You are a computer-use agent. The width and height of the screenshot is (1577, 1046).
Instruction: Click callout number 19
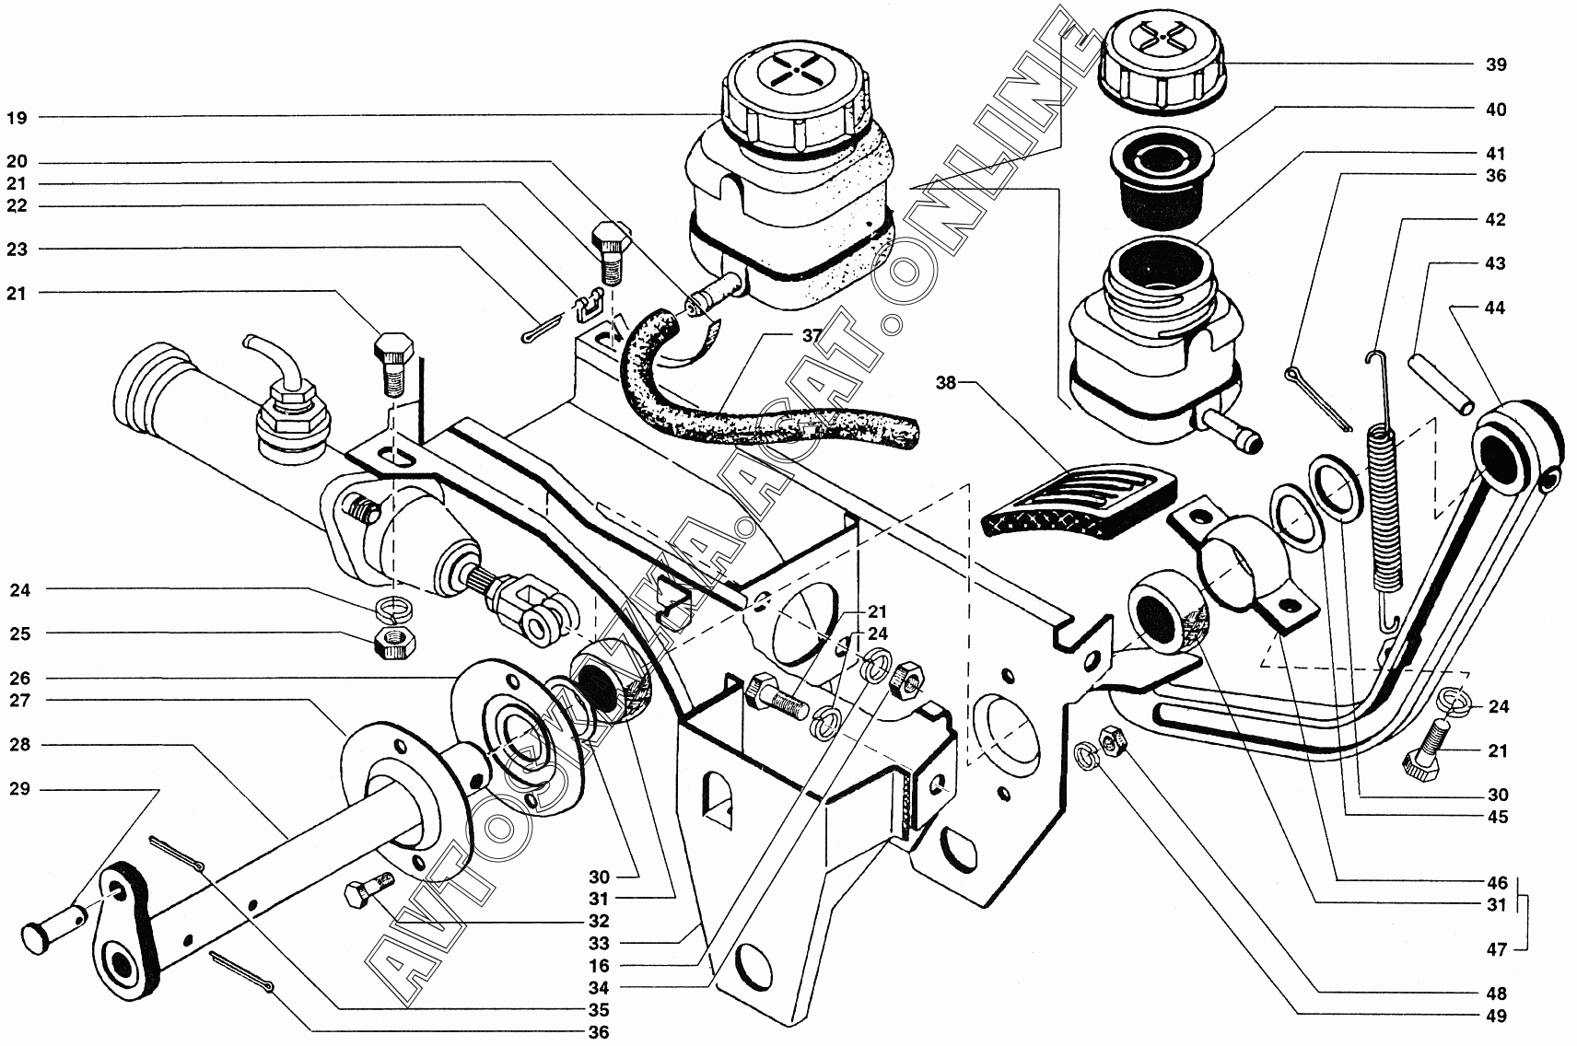coord(18,117)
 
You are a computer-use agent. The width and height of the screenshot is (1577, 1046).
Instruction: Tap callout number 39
coord(1496,64)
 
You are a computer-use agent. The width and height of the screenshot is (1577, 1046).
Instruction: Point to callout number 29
coord(19,789)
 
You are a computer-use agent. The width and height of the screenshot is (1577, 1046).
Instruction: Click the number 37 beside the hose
coord(812,336)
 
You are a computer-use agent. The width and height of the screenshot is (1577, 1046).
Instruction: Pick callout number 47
coord(1496,949)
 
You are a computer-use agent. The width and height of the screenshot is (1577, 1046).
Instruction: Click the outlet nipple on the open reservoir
coord(1230,429)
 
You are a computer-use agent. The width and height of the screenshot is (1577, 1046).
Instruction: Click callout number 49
coord(1496,1017)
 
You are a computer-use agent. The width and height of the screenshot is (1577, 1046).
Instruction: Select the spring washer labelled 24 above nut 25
coord(395,609)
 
